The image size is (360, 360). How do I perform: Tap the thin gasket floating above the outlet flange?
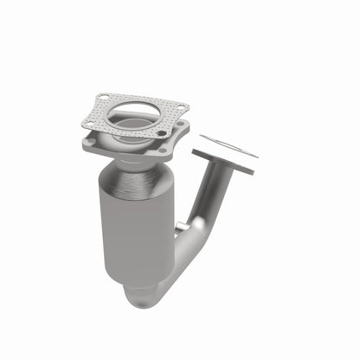(228, 145)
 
